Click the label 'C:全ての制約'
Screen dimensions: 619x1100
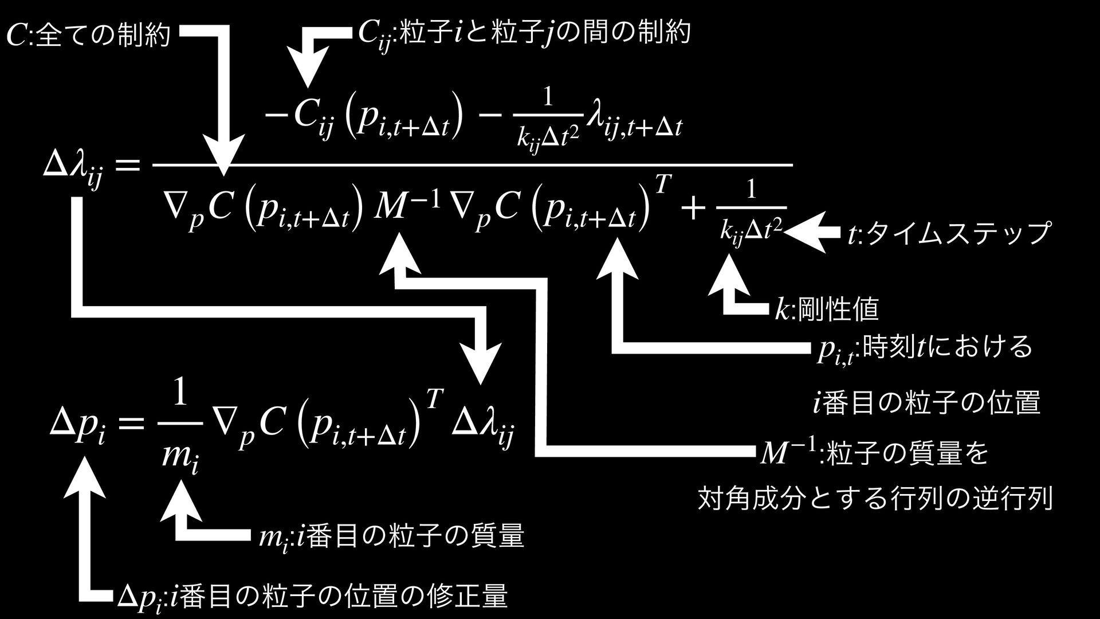(x=89, y=36)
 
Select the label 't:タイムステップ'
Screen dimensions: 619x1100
(x=949, y=233)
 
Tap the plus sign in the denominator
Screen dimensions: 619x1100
(x=693, y=209)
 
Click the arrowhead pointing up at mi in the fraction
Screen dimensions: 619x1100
(x=181, y=499)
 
